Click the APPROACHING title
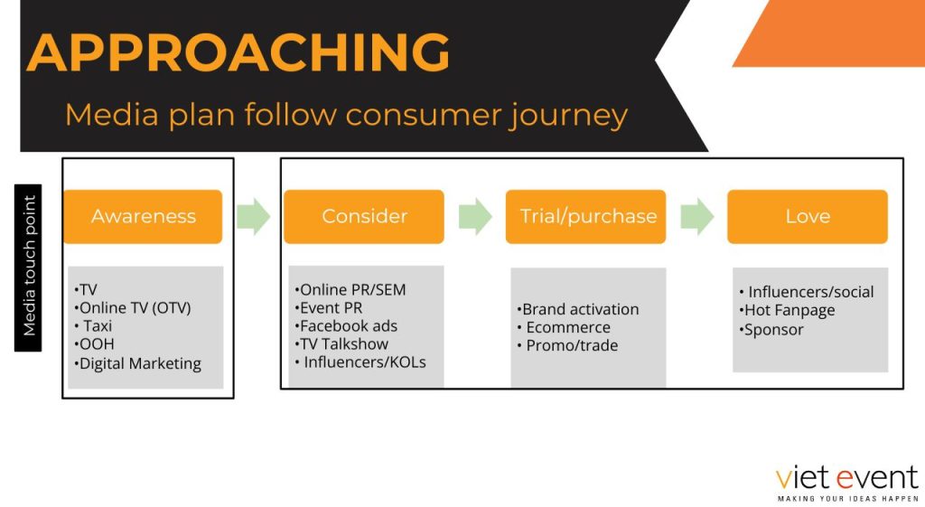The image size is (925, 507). click(x=238, y=52)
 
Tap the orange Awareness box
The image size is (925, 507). click(x=143, y=217)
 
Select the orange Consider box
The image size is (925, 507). click(x=364, y=217)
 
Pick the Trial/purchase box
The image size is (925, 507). click(x=585, y=217)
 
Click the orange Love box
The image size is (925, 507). click(x=807, y=217)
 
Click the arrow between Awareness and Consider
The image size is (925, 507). click(x=254, y=217)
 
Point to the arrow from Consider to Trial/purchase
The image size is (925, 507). click(x=475, y=217)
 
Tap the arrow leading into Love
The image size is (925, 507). click(x=697, y=217)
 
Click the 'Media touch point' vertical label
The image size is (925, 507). click(x=28, y=268)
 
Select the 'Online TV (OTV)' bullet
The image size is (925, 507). click(x=133, y=308)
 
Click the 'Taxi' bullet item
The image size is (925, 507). click(x=94, y=326)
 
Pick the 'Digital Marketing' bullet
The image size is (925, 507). click(x=137, y=363)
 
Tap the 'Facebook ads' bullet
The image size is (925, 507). click(x=346, y=326)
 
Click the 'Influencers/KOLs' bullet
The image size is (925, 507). click(x=360, y=362)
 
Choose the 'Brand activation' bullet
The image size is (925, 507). click(x=578, y=309)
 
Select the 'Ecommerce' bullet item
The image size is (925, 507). click(x=564, y=327)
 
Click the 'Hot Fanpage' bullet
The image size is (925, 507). click(x=787, y=311)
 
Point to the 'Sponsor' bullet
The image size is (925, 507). click(x=771, y=330)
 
